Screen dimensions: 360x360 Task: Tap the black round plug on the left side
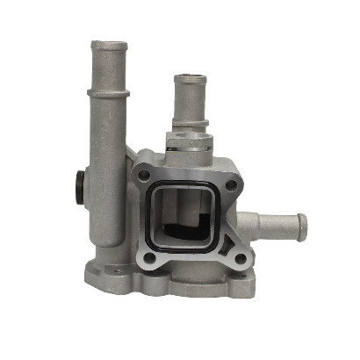78,186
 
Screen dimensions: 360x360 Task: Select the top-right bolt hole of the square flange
232,185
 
